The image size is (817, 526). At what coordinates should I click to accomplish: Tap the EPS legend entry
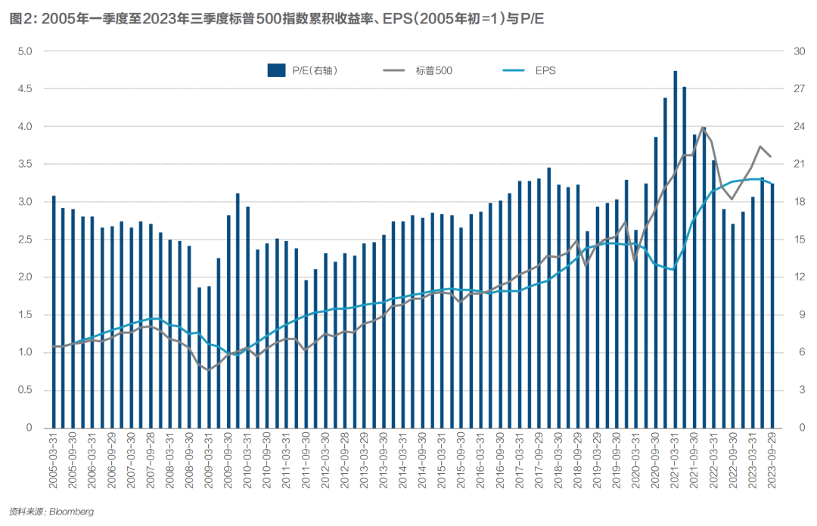(545, 70)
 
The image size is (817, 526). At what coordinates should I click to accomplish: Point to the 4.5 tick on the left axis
(26, 88)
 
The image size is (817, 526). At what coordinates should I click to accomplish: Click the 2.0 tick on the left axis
(26, 277)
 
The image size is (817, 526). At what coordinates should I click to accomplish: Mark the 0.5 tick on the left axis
(26, 390)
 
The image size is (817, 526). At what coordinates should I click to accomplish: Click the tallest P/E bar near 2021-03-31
(675, 249)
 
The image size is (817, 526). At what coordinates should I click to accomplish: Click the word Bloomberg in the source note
(71, 512)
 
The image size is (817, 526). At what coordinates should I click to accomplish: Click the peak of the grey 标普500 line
(704, 128)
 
